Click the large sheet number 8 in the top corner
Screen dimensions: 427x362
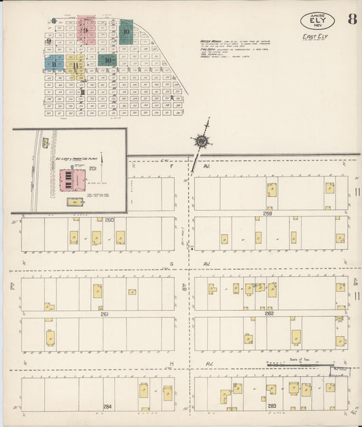(352, 18)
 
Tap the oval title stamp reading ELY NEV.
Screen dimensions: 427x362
(316, 21)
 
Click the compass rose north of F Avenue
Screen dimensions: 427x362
(202, 141)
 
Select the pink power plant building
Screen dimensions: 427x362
(72, 180)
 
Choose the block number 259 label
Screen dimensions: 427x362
(268, 214)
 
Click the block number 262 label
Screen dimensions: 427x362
(269, 314)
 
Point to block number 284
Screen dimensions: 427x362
(106, 406)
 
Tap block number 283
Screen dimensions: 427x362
(272, 406)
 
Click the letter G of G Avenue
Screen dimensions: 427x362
(171, 263)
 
